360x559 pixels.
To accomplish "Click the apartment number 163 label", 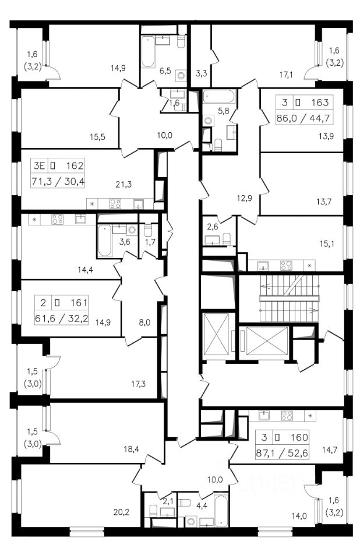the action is (x=320, y=102).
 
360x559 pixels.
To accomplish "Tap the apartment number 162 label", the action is (x=75, y=165).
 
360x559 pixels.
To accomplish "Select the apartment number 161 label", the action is (x=79, y=303).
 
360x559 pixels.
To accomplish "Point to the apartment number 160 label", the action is (x=299, y=437).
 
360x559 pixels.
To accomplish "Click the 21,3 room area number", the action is (x=123, y=184).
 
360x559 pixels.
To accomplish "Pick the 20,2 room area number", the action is (x=121, y=512).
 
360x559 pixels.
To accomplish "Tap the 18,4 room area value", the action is (x=131, y=449).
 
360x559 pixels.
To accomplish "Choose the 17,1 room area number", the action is (x=286, y=75).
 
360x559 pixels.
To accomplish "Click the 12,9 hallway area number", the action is (x=245, y=198).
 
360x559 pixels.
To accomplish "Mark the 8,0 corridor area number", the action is (x=144, y=323).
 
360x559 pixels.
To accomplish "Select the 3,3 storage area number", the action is (x=202, y=74).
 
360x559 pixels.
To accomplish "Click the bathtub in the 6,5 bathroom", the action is (x=148, y=51).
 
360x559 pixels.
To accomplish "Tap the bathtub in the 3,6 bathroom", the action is (x=104, y=240).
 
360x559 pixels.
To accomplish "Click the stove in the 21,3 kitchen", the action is (x=115, y=204).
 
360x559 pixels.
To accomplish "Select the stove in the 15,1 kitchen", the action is (x=286, y=266).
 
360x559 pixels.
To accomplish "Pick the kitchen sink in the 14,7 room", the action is (x=264, y=415).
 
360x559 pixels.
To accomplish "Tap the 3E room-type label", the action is (x=38, y=166).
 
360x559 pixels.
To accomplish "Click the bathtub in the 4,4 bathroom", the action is (x=221, y=510).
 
